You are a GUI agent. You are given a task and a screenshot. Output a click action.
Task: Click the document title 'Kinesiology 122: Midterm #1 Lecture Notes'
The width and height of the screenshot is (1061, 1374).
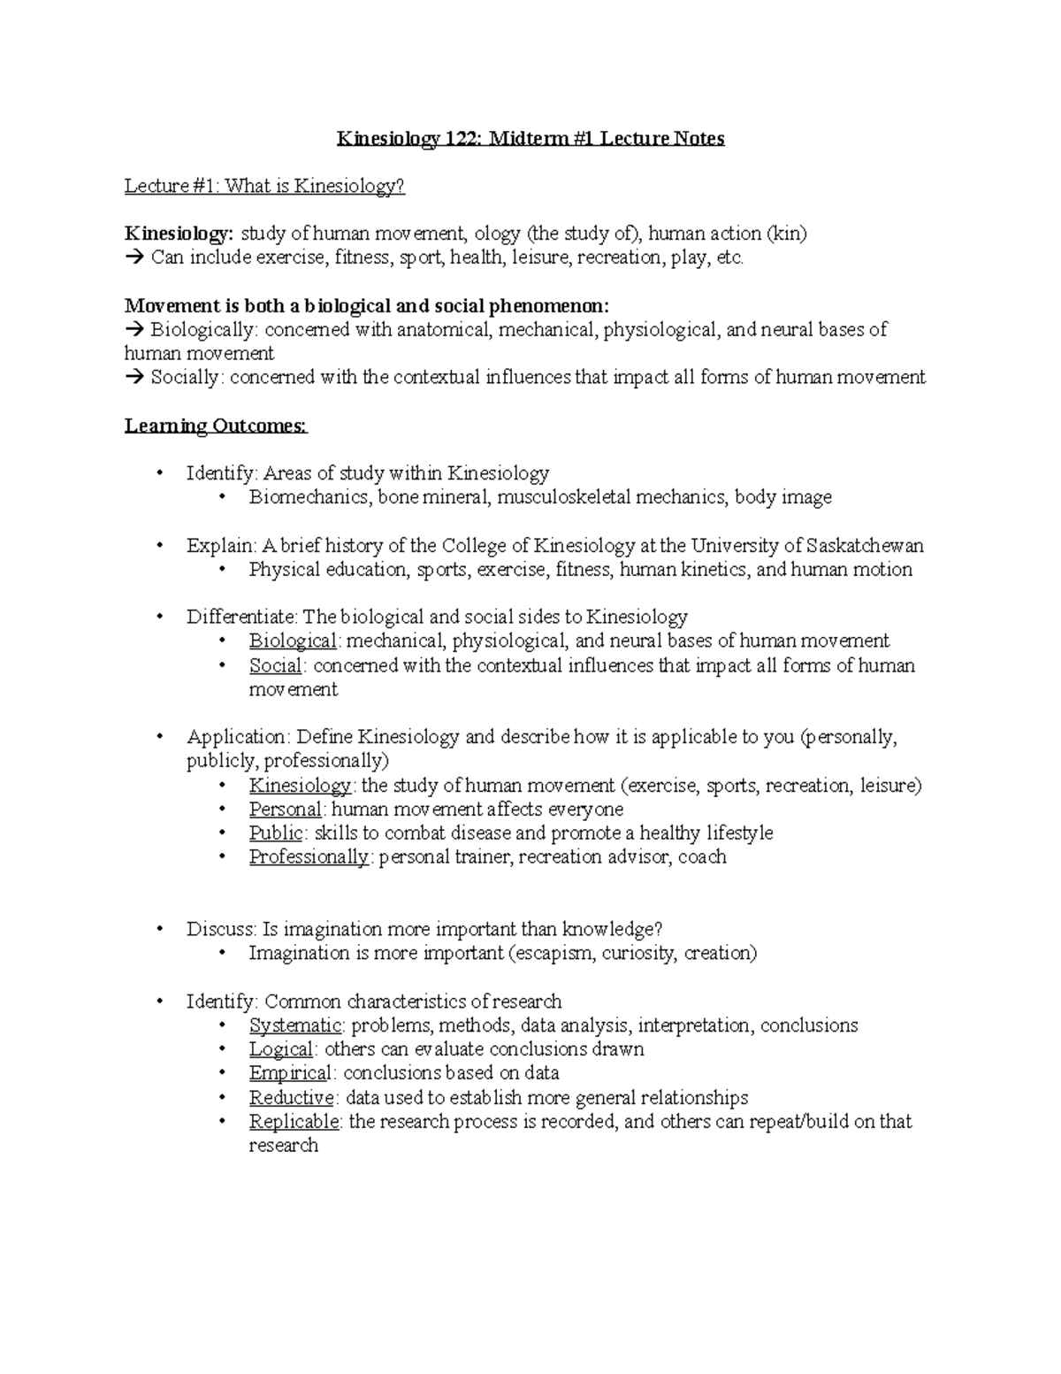point(530,139)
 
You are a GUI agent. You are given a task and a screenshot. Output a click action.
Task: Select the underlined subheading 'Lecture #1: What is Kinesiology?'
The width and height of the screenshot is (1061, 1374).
point(264,186)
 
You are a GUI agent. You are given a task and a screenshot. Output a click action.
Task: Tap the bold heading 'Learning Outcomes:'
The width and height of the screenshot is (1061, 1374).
point(216,426)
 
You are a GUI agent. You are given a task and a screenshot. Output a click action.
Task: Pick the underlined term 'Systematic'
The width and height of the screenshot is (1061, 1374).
point(295,1025)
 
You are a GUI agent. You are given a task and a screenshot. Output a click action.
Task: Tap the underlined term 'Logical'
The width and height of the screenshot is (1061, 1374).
point(281,1049)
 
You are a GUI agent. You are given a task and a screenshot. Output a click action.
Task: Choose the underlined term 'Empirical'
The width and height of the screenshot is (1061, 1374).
point(290,1073)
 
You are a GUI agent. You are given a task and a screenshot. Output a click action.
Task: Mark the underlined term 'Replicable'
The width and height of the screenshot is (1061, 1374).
point(294,1122)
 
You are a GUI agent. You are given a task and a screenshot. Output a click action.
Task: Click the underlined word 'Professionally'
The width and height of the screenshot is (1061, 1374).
point(309,856)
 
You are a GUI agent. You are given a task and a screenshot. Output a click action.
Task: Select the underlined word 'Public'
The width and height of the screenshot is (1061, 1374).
point(276,833)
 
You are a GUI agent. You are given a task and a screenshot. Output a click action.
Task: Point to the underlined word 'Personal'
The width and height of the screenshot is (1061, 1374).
point(285,809)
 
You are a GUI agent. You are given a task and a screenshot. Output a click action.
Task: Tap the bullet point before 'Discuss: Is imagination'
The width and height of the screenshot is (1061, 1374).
point(159,929)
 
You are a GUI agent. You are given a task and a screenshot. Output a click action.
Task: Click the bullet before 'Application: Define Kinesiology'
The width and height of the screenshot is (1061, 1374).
point(159,737)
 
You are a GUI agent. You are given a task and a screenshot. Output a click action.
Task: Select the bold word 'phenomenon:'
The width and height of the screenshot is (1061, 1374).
point(549,306)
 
